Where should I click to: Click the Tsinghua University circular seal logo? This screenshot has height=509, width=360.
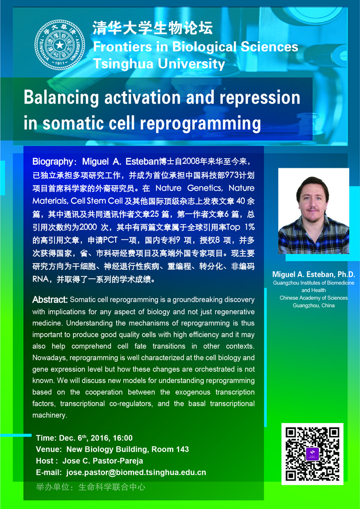coord(59,44)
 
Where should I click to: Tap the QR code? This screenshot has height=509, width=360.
coord(312,454)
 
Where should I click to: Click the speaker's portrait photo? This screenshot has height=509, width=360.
coord(314,210)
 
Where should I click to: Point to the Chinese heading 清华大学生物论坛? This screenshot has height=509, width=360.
coord(153,28)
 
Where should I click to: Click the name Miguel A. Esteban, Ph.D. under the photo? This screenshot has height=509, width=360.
coord(314,274)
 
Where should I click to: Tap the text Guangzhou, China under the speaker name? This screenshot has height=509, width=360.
coord(314,306)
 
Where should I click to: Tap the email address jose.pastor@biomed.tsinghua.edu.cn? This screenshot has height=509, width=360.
coord(136,472)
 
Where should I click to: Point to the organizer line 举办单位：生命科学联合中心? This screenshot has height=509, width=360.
coord(91,487)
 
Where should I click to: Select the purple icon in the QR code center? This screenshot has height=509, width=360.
coord(313,453)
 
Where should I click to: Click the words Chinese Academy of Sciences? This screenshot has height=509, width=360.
coord(314,297)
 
